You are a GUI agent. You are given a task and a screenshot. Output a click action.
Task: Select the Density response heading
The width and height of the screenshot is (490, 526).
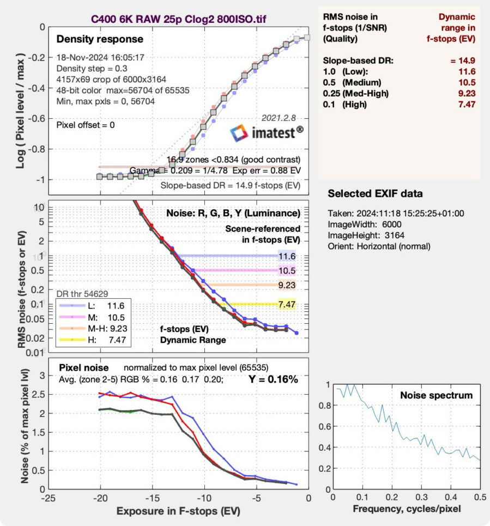tap(100, 39)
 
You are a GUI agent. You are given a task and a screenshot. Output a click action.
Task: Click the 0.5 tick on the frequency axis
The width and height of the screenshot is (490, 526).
tap(480, 497)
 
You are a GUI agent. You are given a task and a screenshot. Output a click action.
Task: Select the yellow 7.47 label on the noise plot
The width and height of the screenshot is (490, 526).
tap(287, 304)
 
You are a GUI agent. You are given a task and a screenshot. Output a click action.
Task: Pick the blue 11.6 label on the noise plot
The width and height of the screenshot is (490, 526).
tap(287, 255)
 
